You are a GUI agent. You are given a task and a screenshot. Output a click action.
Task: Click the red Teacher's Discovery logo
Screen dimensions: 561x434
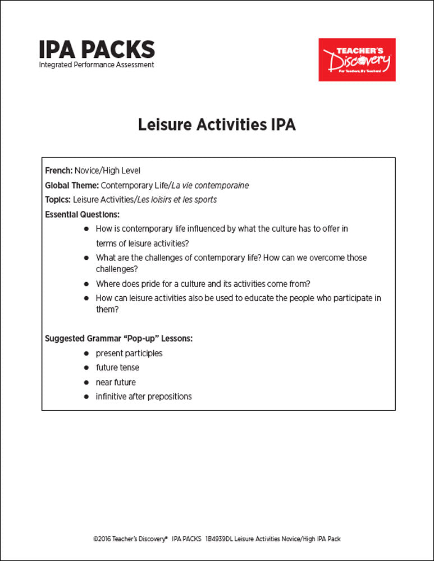[357, 59]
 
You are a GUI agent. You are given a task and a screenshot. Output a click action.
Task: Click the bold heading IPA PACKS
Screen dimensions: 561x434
[97, 49]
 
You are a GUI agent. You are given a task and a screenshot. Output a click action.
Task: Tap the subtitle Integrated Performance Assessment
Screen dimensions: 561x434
[97, 65]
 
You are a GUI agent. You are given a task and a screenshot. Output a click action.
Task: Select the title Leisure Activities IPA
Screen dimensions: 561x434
[217, 125]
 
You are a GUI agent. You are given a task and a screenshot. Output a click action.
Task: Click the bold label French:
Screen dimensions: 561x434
[58, 171]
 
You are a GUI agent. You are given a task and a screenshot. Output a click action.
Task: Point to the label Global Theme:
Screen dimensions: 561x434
[71, 185]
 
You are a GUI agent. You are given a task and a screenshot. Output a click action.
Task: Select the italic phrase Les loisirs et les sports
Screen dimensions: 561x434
[177, 200]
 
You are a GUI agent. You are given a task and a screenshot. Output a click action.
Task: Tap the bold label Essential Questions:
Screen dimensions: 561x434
[82, 214]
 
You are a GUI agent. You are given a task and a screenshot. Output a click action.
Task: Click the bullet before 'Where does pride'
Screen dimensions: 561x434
[86, 284]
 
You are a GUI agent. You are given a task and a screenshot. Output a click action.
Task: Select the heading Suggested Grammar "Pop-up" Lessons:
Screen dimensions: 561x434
[118, 339]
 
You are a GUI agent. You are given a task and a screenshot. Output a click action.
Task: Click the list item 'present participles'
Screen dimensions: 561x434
[129, 353]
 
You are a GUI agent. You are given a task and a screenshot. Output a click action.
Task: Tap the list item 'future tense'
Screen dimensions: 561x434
[117, 367]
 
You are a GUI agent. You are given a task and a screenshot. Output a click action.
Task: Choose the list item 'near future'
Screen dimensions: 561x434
[116, 382]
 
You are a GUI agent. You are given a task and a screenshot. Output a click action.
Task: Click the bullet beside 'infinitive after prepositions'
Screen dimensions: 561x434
[86, 397]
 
